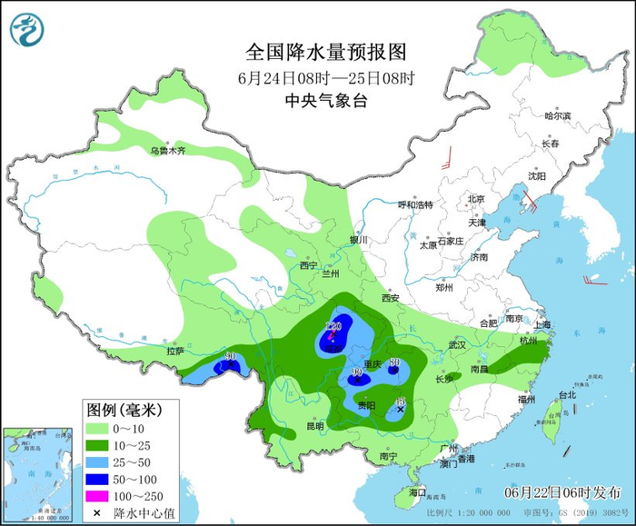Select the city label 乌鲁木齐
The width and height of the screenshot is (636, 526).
[168, 150]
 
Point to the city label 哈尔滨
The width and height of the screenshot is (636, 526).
[557, 115]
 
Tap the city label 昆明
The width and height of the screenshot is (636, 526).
[314, 425]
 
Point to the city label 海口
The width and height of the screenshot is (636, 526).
[417, 491]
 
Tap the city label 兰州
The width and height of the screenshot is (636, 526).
[328, 273]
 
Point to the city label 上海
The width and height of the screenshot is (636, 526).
[544, 324]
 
